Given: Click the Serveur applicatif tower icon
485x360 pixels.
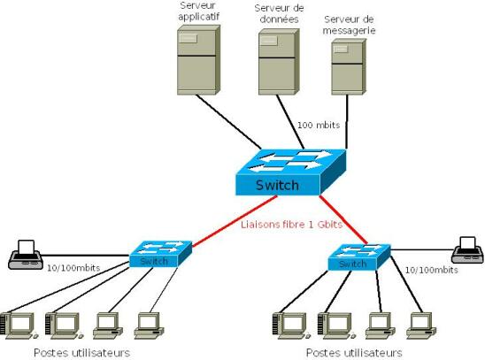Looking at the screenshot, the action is point(198,60).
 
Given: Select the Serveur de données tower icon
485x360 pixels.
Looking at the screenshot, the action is point(279,62).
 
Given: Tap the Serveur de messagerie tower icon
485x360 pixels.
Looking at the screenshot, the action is point(349,66).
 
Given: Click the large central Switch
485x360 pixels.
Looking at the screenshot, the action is point(291,172).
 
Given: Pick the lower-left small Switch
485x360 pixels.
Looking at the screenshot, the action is point(160,254).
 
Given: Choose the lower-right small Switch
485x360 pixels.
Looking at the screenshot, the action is point(359,257).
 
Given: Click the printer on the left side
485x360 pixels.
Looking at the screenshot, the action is point(26,255).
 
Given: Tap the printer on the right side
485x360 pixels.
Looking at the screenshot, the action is point(467,250).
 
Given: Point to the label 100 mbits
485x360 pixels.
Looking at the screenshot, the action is point(319,125).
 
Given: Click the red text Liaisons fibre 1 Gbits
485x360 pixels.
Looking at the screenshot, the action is point(292,225).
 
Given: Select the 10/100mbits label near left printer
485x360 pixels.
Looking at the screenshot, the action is point(73,268).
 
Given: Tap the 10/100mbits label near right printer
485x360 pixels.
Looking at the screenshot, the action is point(432,270).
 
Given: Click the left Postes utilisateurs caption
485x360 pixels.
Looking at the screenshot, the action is point(81,353).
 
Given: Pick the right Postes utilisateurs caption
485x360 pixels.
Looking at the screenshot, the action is point(354,353).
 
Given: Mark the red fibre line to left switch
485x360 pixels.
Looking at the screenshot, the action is point(235,221).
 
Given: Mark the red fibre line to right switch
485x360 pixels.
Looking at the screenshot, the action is point(343,219).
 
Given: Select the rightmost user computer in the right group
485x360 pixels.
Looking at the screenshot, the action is point(421,326).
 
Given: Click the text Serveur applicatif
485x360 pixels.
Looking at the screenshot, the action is point(198,11).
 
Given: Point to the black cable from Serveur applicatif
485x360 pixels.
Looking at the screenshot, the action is point(228,122).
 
